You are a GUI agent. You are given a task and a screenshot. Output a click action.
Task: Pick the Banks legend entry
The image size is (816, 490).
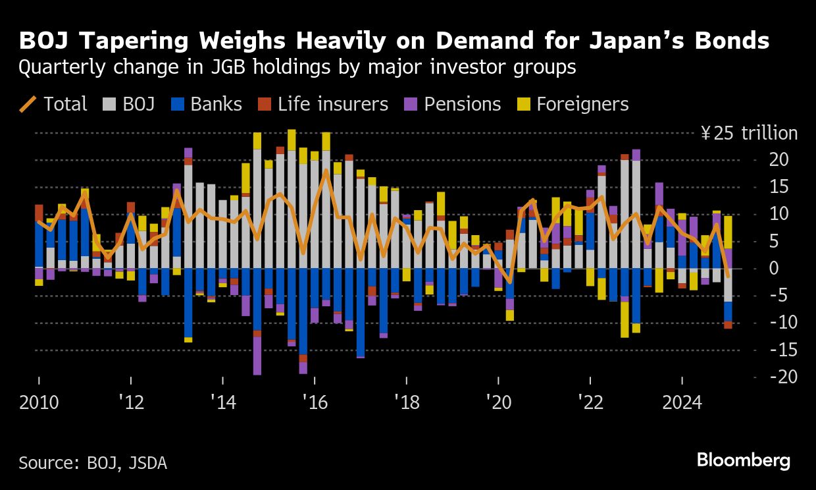click(207, 104)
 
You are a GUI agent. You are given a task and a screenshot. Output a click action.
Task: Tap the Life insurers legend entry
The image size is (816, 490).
click(323, 104)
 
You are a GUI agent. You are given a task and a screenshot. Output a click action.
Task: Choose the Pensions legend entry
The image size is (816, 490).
click(453, 104)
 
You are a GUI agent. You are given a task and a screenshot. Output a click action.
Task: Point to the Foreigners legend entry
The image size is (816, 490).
click(573, 104)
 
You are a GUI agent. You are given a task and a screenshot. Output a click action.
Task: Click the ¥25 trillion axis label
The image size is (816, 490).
click(749, 134)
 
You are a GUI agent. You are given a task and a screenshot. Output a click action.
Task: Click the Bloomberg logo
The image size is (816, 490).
click(744, 460)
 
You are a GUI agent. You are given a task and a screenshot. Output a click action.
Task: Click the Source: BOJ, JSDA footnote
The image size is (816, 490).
click(93, 462)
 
